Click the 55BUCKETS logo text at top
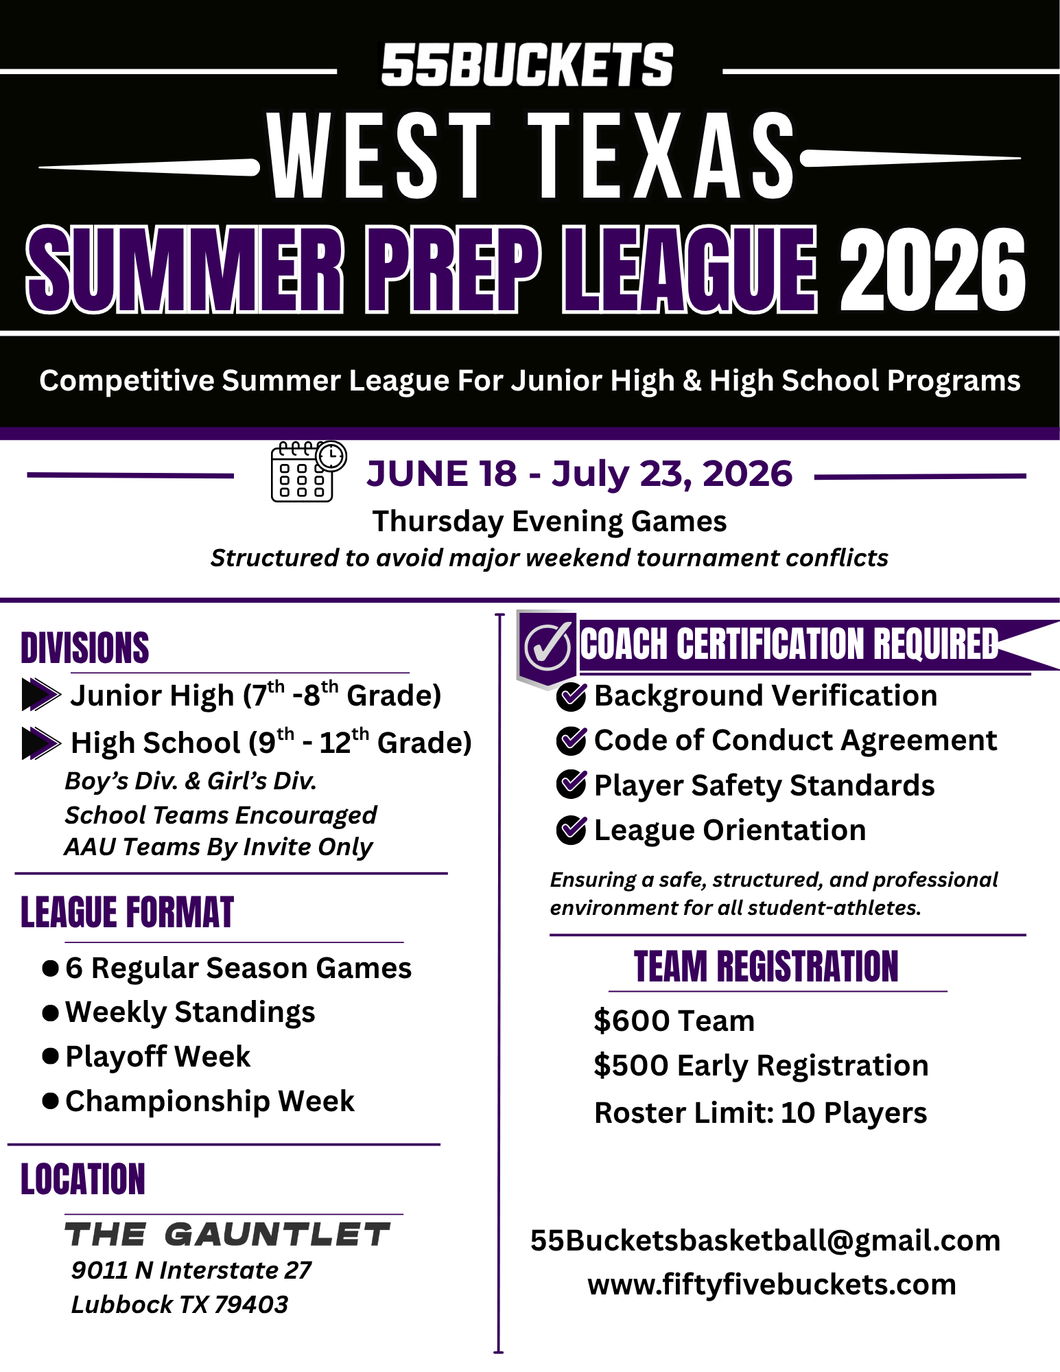pyautogui.click(x=527, y=65)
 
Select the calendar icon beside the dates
pyautogui.click(x=307, y=472)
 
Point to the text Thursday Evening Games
pyautogui.click(x=549, y=522)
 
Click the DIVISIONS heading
pyautogui.click(x=85, y=648)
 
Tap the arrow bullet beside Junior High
pyautogui.click(x=40, y=695)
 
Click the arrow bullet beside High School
pyautogui.click(x=40, y=743)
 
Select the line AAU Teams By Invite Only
pyautogui.click(x=218, y=847)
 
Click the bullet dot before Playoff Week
pyautogui.click(x=50, y=1056)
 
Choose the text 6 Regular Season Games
pyautogui.click(x=238, y=968)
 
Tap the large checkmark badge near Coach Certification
pyautogui.click(x=547, y=647)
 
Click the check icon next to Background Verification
pyautogui.click(x=571, y=696)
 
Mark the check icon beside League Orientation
pyautogui.click(x=571, y=830)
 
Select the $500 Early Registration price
pyautogui.click(x=761, y=1065)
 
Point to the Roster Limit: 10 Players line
pyautogui.click(x=760, y=1113)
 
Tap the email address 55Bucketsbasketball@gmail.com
pyautogui.click(x=765, y=1240)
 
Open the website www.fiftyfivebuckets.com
pyautogui.click(x=771, y=1284)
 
